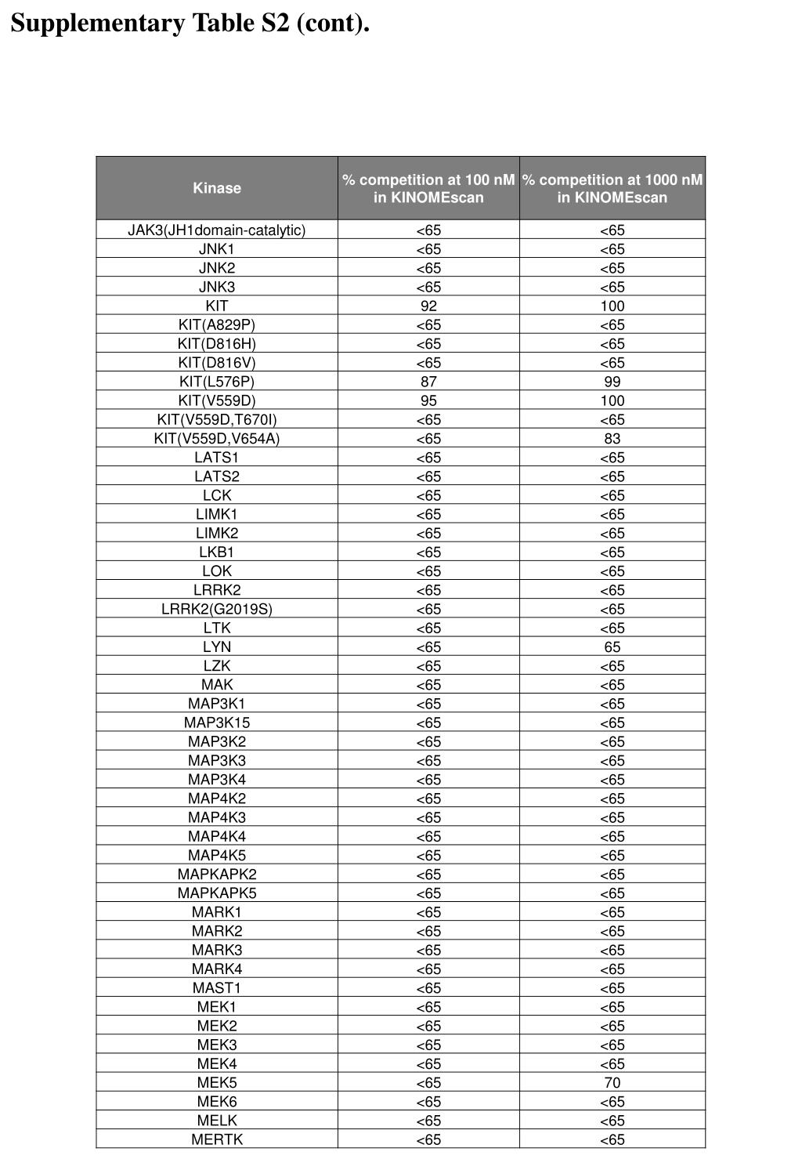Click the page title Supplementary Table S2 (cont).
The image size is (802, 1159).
190,24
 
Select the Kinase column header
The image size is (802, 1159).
217,188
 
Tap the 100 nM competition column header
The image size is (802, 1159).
428,188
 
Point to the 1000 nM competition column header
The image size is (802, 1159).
612,188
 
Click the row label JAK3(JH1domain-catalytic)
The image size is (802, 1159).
217,230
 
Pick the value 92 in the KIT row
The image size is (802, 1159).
428,306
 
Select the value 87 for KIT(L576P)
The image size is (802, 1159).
428,382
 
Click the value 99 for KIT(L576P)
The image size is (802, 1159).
612,382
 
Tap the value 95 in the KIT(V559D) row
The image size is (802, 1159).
428,400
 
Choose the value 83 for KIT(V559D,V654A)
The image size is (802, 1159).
612,439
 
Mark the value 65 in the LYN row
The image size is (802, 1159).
612,647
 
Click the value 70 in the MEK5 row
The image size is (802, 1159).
612,1083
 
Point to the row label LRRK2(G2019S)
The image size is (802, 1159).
217,609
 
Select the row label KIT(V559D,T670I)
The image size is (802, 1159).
217,419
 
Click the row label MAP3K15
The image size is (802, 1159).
217,723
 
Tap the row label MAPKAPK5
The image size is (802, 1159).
217,893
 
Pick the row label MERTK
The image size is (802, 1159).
217,1139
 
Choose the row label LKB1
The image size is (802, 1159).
217,552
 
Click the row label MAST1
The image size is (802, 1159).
217,988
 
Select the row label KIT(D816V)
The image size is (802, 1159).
217,363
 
